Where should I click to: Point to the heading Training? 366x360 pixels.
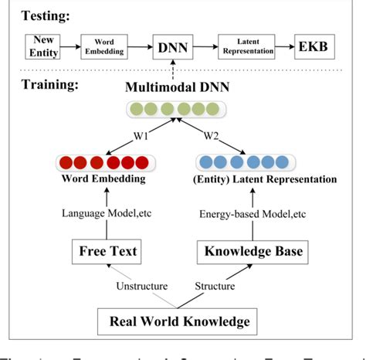click(x=48, y=84)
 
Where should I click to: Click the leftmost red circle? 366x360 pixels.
click(x=65, y=163)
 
